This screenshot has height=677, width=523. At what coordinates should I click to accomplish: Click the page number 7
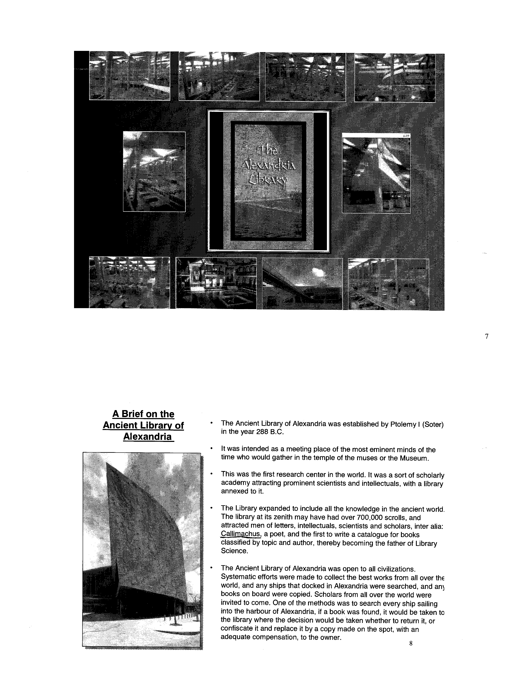[x=486, y=336]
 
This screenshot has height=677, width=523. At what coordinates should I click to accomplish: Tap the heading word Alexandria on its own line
[x=147, y=437]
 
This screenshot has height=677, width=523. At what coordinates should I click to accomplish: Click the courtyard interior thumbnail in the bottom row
[x=216, y=283]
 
